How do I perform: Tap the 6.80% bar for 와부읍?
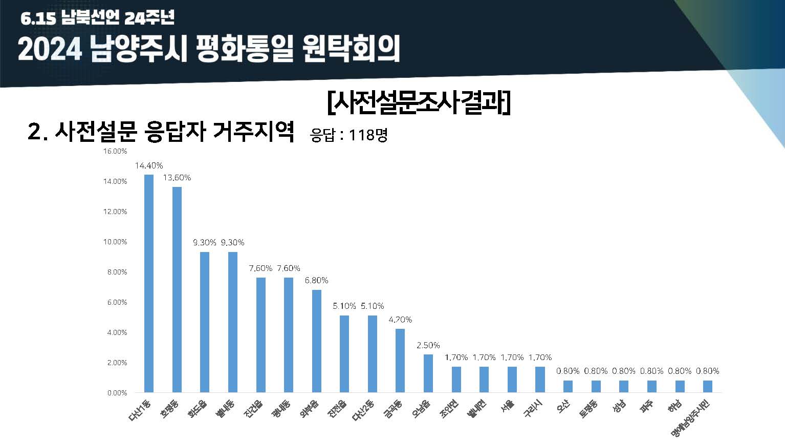(317, 341)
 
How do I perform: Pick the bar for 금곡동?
(400, 361)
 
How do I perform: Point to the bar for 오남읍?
(428, 373)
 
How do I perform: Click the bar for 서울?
(512, 380)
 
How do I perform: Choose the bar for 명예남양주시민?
(708, 386)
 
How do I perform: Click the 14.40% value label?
(149, 165)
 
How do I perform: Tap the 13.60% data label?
(177, 178)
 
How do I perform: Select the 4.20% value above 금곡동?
(400, 320)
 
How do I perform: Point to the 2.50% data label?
(428, 345)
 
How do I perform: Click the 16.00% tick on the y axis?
(115, 151)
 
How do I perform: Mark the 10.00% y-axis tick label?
(115, 242)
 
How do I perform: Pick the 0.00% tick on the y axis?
(117, 393)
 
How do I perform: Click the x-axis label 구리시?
(533, 409)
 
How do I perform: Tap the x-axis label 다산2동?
(364, 411)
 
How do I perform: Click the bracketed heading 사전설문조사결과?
(419, 103)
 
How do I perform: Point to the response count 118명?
(368, 135)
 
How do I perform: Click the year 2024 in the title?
(50, 50)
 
